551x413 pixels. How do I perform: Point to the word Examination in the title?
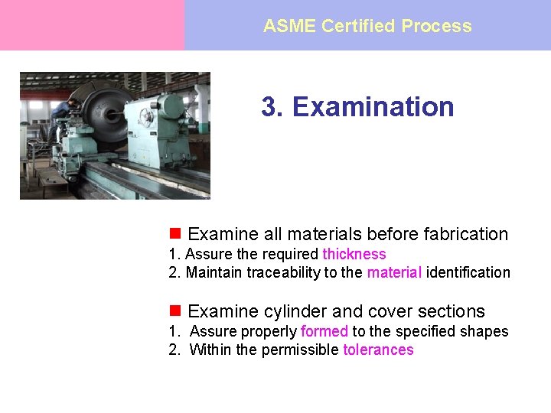point(373,106)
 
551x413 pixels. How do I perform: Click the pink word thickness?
point(354,254)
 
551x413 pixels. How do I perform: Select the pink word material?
point(394,272)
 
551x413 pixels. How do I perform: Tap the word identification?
point(468,272)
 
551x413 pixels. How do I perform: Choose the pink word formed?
point(324,331)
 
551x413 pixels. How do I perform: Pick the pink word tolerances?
point(378,350)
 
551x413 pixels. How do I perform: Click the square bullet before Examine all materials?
point(174,233)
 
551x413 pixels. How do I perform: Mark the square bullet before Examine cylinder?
point(174,311)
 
